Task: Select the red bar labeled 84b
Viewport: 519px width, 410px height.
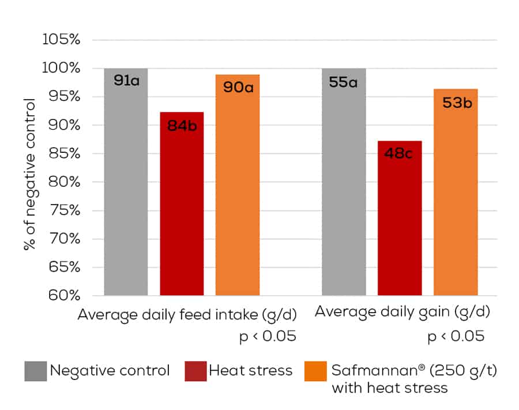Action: (182, 208)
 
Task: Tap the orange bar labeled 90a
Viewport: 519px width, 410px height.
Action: (238, 190)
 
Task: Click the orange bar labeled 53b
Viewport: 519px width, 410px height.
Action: (456, 196)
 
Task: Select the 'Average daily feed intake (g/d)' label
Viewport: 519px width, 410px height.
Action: (187, 315)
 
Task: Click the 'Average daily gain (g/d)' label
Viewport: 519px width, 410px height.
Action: (402, 313)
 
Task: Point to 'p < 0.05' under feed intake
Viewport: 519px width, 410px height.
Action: (268, 336)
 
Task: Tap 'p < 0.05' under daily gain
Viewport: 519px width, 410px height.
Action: (456, 336)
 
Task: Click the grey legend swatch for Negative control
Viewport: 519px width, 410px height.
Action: (35, 371)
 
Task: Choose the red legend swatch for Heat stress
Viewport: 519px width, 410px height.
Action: (195, 371)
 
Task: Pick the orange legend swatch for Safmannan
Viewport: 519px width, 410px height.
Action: (314, 371)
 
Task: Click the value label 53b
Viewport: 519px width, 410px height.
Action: (456, 103)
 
